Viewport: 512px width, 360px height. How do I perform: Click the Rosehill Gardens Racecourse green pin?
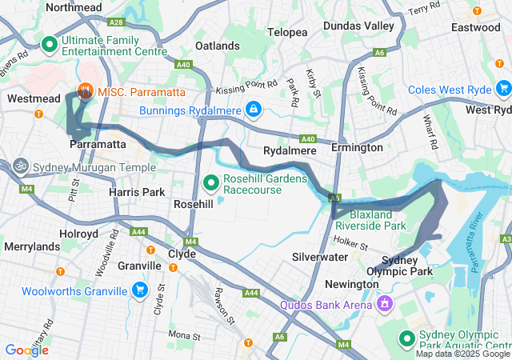point(212,184)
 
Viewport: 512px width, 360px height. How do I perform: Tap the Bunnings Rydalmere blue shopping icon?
point(253,108)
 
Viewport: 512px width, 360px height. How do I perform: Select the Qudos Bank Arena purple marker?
point(385,304)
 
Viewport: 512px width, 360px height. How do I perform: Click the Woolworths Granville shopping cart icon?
point(140,290)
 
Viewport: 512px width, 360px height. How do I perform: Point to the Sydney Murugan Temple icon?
point(21,169)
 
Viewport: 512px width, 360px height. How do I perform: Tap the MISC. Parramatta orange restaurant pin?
point(85,92)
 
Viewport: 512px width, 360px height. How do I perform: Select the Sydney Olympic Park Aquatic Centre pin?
point(406,339)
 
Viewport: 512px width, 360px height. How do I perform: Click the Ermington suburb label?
point(358,148)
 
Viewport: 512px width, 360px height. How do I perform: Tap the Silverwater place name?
point(319,257)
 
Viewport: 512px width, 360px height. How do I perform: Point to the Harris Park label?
point(137,192)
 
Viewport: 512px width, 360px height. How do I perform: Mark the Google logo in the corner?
point(26,350)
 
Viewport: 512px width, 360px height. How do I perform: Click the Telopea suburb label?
point(287,32)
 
